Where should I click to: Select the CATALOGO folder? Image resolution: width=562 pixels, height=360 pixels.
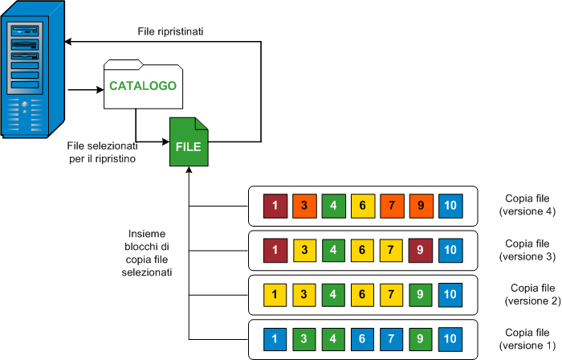tap(143, 84)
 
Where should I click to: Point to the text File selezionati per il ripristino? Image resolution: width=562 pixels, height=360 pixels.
tap(101, 153)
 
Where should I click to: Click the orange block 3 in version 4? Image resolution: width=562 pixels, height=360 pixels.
tap(303, 205)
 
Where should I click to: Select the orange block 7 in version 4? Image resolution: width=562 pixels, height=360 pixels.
tap(391, 205)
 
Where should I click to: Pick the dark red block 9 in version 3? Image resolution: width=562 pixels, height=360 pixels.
tap(420, 248)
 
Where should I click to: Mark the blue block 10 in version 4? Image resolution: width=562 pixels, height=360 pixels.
tap(450, 205)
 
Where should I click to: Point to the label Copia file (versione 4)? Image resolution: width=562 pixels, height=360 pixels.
tap(526, 205)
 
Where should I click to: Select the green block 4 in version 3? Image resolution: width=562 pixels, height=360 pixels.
tap(332, 248)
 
